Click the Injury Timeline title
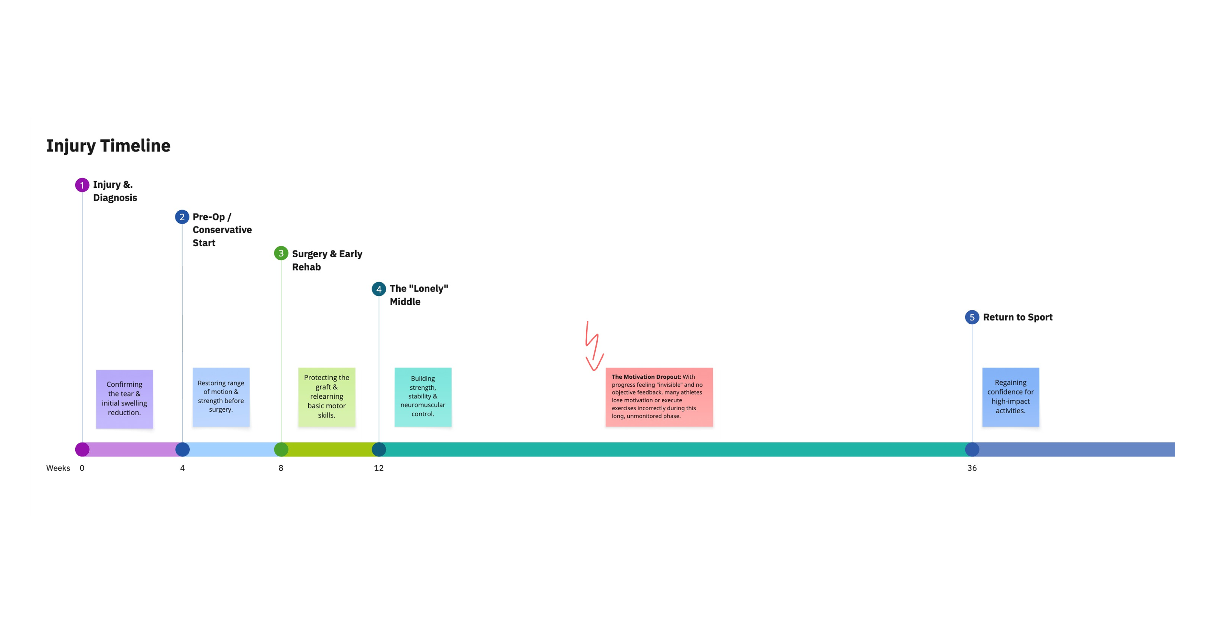(x=108, y=146)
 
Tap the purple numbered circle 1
(x=82, y=185)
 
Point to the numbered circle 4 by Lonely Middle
(x=379, y=289)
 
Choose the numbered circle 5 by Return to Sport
(x=972, y=317)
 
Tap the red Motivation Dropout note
(x=658, y=397)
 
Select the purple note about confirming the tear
(x=125, y=399)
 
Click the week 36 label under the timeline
(x=972, y=468)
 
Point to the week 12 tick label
(x=379, y=468)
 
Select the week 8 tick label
(x=281, y=468)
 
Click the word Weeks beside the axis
(x=58, y=468)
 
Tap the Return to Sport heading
(x=1017, y=317)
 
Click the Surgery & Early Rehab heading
(x=327, y=260)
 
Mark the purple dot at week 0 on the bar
(x=82, y=449)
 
